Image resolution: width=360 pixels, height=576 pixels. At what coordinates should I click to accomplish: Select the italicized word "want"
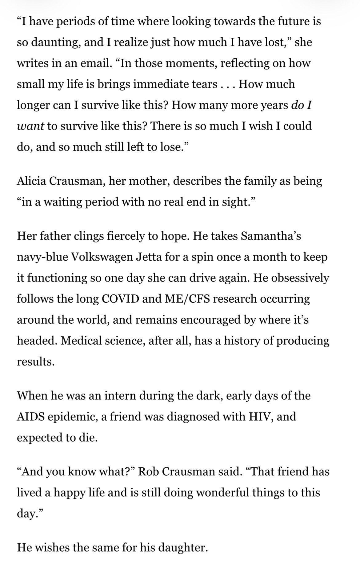pyautogui.click(x=30, y=126)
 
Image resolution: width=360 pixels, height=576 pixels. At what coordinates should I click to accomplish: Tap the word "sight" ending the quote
pyautogui.click(x=237, y=202)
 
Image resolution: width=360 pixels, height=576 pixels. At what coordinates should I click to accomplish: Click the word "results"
pyautogui.click(x=35, y=362)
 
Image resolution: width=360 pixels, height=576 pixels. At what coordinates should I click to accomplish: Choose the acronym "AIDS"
pyautogui.click(x=30, y=416)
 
